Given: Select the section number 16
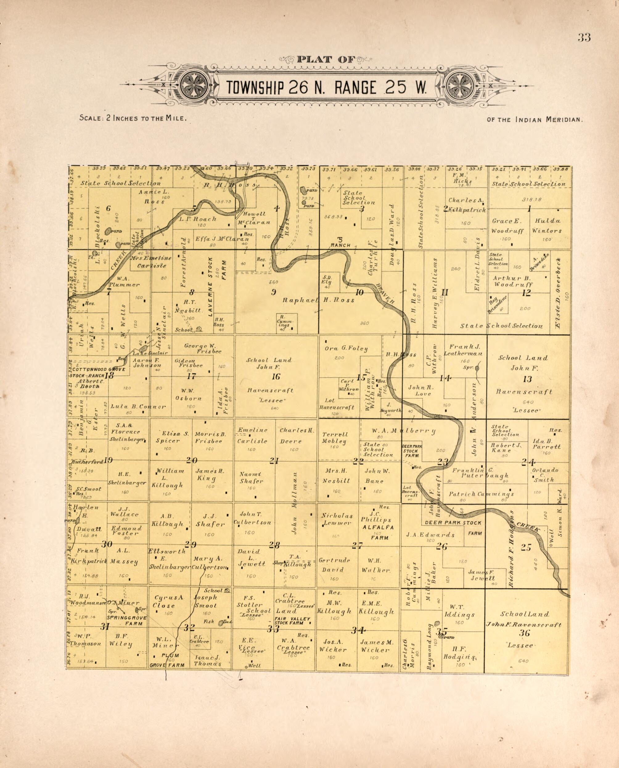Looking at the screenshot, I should pyautogui.click(x=276, y=376).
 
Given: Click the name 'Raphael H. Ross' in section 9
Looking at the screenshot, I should pyautogui.click(x=318, y=300).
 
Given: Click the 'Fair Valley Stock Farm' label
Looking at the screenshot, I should pyautogui.click(x=292, y=621).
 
